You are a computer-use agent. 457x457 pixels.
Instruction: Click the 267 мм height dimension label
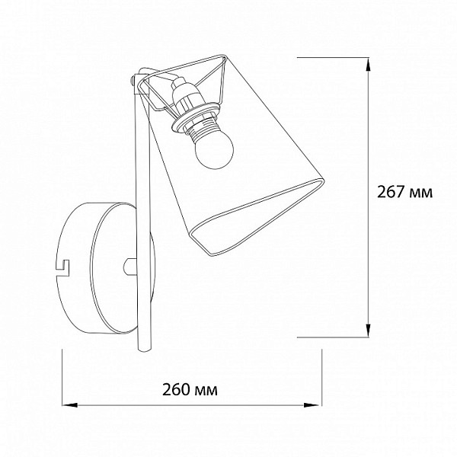click(x=405, y=192)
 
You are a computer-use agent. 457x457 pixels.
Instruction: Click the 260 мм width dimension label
click(x=190, y=389)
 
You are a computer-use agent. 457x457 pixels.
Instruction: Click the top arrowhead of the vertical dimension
click(x=369, y=65)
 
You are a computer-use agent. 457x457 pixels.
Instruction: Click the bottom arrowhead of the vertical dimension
click(x=369, y=331)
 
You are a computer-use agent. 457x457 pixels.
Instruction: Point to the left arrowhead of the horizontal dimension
click(x=69, y=405)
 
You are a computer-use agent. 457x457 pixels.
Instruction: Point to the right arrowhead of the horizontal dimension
click(x=312, y=405)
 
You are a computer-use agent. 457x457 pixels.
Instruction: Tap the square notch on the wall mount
click(x=62, y=267)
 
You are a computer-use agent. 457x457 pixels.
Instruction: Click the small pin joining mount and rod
click(x=130, y=267)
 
